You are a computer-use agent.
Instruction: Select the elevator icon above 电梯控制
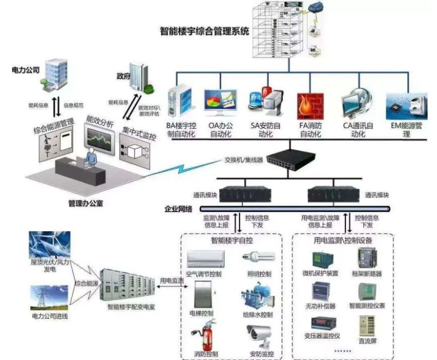point(204,293)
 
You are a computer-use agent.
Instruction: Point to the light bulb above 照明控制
point(257,258)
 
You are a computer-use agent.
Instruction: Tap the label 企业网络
point(178,209)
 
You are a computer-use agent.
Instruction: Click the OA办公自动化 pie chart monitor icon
point(220,103)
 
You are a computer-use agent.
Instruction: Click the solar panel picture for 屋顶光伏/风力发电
point(49,245)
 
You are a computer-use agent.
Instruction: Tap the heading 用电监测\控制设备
point(343,240)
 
